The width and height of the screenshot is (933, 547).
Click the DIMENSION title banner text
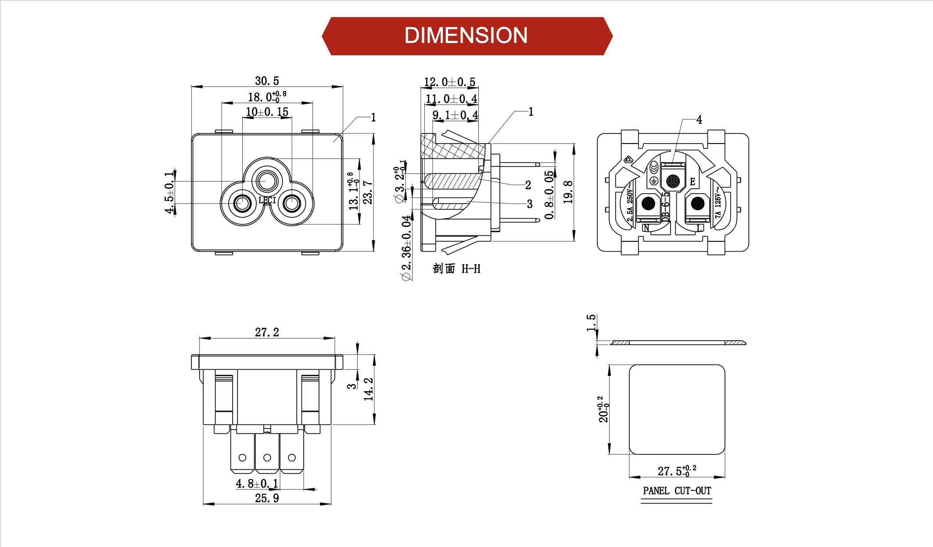[x=466, y=36]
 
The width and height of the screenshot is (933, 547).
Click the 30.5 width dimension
[x=267, y=81]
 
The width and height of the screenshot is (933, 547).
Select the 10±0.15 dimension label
[x=267, y=112]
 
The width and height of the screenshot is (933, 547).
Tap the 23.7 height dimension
[x=368, y=192]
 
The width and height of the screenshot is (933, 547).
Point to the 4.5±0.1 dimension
[x=169, y=193]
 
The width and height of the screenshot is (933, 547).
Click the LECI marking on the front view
[x=267, y=200]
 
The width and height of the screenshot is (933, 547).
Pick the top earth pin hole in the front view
[x=267, y=180]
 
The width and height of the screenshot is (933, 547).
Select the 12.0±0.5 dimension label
[x=449, y=82]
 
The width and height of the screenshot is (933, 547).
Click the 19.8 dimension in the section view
[x=568, y=192]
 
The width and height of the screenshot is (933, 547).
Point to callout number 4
[x=699, y=120]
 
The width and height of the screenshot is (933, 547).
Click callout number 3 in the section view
[x=530, y=204]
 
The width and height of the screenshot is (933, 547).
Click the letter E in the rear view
[x=693, y=182]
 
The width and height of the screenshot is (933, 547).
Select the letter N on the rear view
[x=646, y=227]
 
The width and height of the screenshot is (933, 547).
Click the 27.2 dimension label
[x=267, y=332]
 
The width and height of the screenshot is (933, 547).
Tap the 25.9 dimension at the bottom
[x=267, y=498]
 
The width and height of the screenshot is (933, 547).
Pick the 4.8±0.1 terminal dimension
[x=257, y=484]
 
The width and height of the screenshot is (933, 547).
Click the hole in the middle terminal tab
[x=267, y=457]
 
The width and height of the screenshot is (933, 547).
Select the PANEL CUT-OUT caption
[x=677, y=491]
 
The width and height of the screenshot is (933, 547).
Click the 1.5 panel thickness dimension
[x=591, y=323]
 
